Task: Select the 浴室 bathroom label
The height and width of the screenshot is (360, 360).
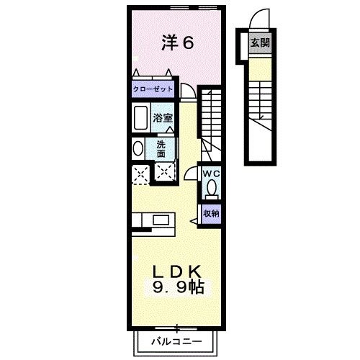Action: tap(161, 117)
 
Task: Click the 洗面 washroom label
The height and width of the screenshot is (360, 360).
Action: tap(161, 148)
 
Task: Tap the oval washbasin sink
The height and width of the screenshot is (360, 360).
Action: tap(138, 148)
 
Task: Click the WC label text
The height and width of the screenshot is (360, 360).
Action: tap(210, 174)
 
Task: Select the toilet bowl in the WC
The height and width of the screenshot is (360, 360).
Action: tap(211, 189)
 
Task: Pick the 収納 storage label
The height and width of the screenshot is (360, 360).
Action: tap(210, 212)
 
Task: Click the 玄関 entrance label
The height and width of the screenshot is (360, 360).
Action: tap(259, 42)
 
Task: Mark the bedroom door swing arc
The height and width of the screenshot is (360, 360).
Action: tap(186, 90)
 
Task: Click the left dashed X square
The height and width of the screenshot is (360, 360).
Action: tap(140, 173)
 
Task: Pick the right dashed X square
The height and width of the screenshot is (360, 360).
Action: tap(165, 173)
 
